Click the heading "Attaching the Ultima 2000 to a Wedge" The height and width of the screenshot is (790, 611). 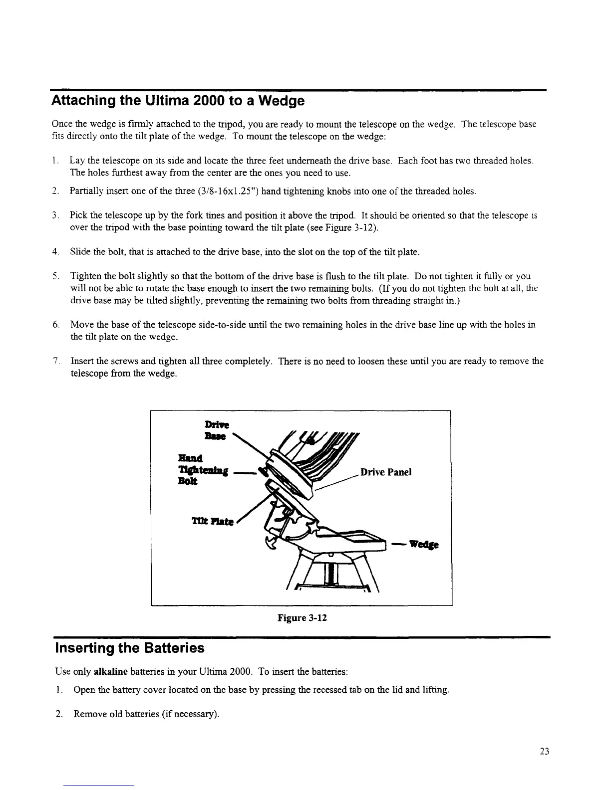click(x=178, y=101)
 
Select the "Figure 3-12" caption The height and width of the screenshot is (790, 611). click(x=302, y=618)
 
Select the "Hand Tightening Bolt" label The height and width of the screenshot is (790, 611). click(x=203, y=470)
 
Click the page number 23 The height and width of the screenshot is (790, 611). click(x=544, y=752)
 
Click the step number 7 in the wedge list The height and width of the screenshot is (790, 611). click(x=58, y=361)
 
